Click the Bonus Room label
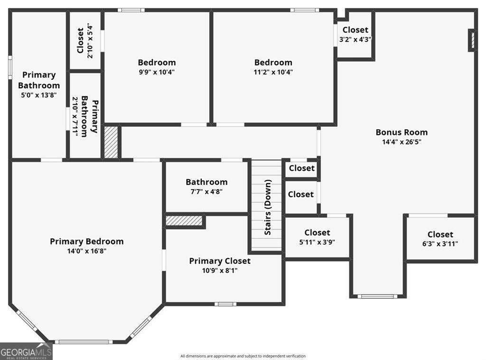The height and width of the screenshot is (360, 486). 402,132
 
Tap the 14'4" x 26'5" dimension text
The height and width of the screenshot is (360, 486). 402,142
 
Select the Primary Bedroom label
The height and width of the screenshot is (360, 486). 86,241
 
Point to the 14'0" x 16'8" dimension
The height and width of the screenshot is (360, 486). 86,251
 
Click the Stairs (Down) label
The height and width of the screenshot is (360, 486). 268,207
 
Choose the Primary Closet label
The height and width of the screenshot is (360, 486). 220,261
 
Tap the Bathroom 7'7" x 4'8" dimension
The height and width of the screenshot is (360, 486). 206,192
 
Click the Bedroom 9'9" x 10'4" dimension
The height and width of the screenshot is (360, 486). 157,72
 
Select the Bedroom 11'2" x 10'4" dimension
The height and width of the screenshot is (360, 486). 273,72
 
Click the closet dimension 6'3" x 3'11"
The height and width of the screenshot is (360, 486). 440,244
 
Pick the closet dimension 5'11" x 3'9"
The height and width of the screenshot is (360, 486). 317,242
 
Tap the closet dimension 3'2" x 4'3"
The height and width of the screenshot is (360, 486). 355,39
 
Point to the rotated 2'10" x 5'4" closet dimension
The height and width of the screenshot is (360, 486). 90,41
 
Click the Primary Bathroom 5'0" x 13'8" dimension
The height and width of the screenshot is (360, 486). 38,95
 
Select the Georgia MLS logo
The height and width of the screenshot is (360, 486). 26,351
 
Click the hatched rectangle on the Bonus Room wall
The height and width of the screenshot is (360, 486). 472,40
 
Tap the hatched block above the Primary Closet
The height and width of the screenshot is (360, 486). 184,221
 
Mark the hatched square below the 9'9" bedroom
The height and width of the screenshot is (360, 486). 111,142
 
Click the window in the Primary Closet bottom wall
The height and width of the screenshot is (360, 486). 224,304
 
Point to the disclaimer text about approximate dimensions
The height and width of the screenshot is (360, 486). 243,356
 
